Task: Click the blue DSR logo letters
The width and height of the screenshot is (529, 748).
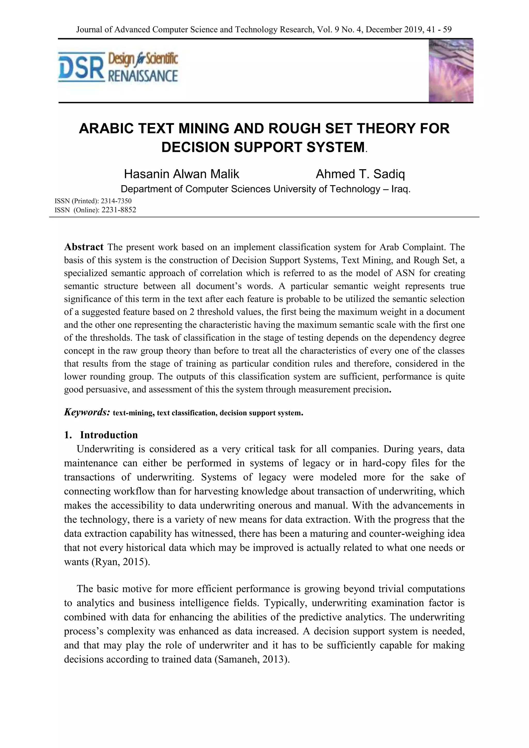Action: (81, 67)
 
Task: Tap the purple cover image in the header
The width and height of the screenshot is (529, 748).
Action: (450, 71)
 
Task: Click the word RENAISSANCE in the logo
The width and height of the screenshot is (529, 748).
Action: (143, 76)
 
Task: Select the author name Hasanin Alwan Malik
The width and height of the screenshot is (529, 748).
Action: (181, 174)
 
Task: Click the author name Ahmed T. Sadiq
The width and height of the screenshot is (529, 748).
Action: (360, 174)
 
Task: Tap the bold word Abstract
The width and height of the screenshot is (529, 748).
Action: (84, 247)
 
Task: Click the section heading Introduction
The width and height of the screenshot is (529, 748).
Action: (109, 435)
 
